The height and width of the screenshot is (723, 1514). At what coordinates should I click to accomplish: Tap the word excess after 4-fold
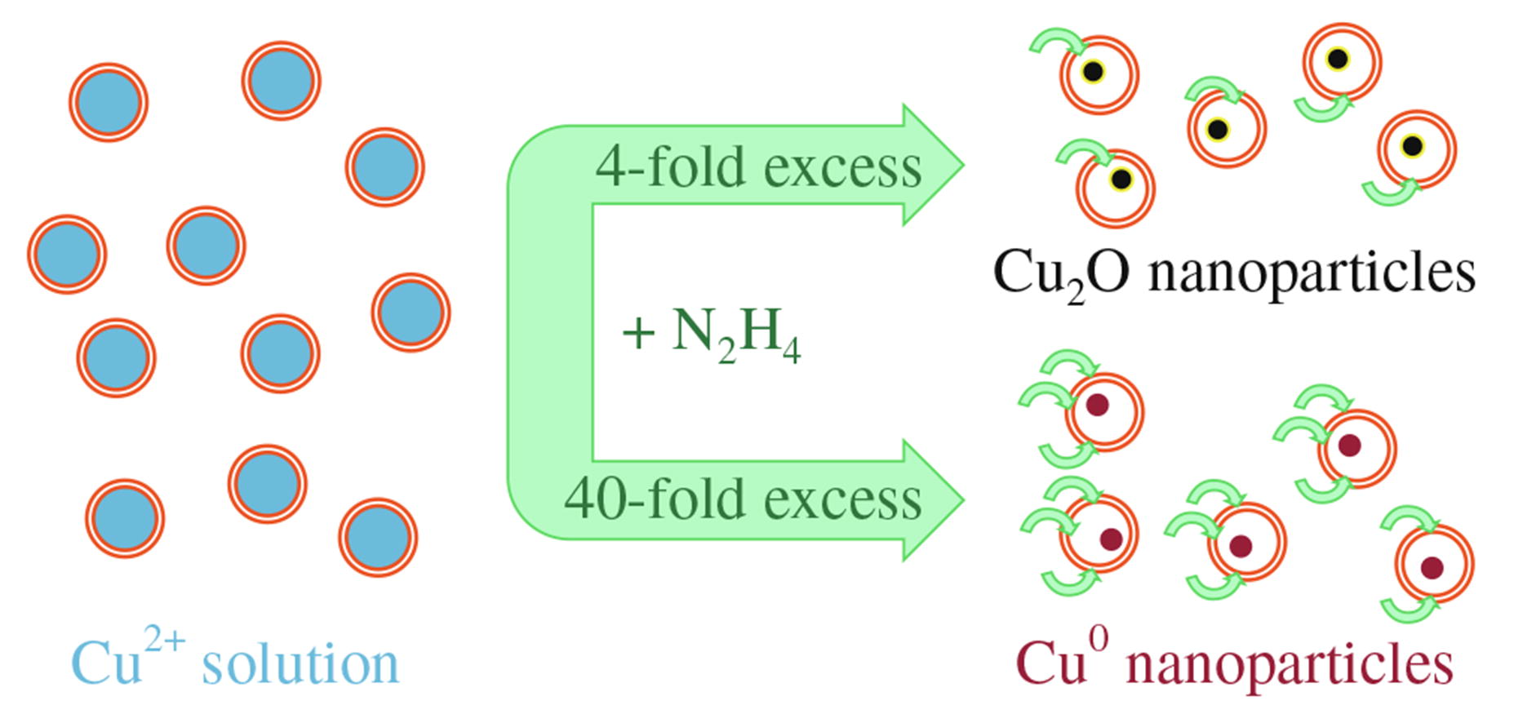pyautogui.click(x=842, y=168)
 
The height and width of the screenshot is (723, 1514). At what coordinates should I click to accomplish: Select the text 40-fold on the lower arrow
pyautogui.click(x=651, y=499)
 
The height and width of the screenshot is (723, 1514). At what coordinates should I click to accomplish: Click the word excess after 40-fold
pyautogui.click(x=842, y=499)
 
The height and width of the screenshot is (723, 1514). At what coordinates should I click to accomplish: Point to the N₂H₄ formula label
pyautogui.click(x=735, y=335)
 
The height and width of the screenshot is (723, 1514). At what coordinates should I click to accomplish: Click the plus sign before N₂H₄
pyautogui.click(x=638, y=333)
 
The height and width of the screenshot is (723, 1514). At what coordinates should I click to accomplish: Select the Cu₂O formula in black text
pyautogui.click(x=1061, y=273)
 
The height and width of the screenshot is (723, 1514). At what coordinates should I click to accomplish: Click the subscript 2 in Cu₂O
pyautogui.click(x=1076, y=291)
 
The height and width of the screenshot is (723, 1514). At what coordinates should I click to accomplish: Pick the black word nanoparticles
pyautogui.click(x=1312, y=273)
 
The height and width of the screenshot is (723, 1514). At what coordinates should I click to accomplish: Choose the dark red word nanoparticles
pyautogui.click(x=1290, y=664)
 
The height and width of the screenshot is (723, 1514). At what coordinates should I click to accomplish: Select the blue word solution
pyautogui.click(x=300, y=664)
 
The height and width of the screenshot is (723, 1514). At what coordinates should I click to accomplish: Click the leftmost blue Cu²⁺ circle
pyautogui.click(x=67, y=255)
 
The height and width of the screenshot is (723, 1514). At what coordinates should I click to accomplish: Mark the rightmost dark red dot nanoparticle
pyautogui.click(x=1432, y=567)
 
